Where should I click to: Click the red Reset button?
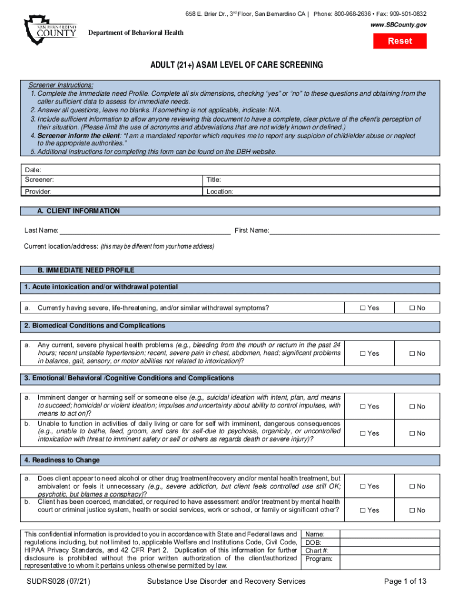(x=400, y=41)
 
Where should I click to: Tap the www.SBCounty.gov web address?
(x=398, y=25)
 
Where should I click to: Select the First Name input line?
(x=354, y=230)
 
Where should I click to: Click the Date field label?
(x=32, y=169)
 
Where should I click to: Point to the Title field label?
(x=214, y=180)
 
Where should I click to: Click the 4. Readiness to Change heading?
(x=62, y=460)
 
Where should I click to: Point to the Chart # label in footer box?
(x=318, y=551)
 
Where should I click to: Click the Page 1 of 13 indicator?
(x=405, y=581)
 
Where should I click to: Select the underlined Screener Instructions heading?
(x=61, y=85)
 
